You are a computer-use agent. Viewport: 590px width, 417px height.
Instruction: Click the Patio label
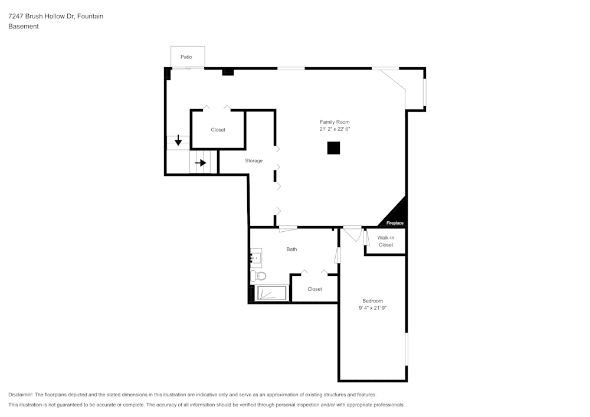(x=186, y=57)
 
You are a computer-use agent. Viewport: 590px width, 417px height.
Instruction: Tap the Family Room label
(x=335, y=122)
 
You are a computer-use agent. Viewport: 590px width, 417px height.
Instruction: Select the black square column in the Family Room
(x=333, y=148)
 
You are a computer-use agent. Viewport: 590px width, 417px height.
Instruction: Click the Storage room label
(x=254, y=160)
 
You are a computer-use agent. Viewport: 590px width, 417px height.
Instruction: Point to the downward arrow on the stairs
(x=178, y=140)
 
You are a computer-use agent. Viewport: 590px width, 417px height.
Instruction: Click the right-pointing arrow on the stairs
(x=201, y=163)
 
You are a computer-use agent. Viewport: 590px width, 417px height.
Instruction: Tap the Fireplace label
(x=395, y=223)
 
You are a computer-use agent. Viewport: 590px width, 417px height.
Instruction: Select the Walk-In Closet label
(x=386, y=241)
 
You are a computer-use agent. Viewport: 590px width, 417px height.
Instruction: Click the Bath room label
(x=291, y=249)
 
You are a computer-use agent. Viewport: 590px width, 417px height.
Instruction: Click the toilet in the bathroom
(x=258, y=277)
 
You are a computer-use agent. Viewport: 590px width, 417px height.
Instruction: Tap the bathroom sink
(x=256, y=258)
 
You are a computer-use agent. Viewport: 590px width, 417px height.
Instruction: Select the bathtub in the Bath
(x=271, y=293)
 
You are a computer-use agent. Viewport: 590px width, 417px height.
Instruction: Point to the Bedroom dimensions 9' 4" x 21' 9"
(x=372, y=307)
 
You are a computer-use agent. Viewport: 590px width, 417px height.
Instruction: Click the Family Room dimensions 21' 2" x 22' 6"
(x=335, y=129)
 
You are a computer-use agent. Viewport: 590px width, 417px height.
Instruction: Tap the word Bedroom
(x=372, y=301)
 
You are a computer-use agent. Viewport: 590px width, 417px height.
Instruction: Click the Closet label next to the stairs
(x=218, y=130)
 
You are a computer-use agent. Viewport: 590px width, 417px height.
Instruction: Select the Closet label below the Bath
(x=314, y=289)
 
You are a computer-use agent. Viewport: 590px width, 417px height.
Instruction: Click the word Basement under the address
(x=24, y=27)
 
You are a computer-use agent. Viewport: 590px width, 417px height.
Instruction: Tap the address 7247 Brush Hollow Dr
(x=41, y=16)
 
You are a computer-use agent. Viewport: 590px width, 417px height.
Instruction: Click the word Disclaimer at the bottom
(x=21, y=395)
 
